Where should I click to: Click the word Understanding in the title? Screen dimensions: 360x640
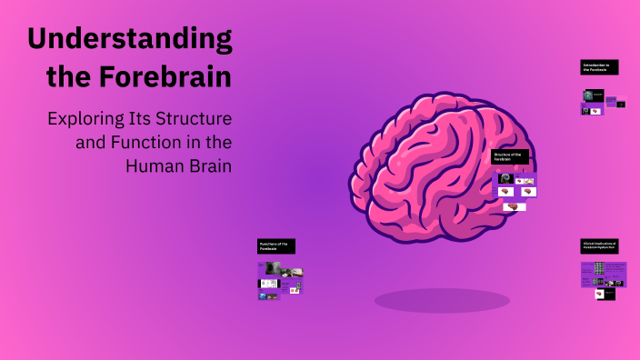pyautogui.click(x=129, y=39)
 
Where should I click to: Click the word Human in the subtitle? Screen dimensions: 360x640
pyautogui.click(x=154, y=166)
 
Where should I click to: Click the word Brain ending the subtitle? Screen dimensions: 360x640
pyautogui.click(x=208, y=166)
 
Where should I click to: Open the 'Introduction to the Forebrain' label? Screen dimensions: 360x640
pyautogui.click(x=599, y=67)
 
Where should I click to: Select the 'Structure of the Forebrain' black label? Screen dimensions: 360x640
pyautogui.click(x=509, y=156)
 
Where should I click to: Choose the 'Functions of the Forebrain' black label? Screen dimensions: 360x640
pyautogui.click(x=276, y=245)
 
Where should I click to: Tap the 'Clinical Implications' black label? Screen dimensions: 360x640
pyautogui.click(x=599, y=246)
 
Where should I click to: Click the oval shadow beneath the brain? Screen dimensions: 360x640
pyautogui.click(x=442, y=300)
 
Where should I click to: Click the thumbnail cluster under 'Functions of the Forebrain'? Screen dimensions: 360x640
pyautogui.click(x=280, y=280)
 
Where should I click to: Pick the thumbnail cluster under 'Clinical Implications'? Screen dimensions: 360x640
pyautogui.click(x=604, y=275)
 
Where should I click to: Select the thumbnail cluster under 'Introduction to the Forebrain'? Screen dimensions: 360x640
pyautogui.click(x=603, y=101)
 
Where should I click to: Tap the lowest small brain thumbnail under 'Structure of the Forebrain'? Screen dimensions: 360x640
pyautogui.click(x=515, y=206)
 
